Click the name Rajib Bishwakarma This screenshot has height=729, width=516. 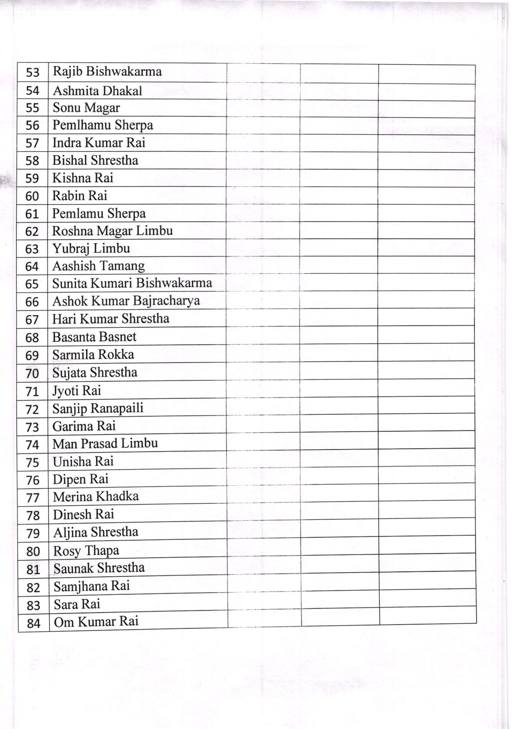(107, 72)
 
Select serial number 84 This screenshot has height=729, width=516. (33, 623)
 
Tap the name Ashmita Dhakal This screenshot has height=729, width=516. (97, 91)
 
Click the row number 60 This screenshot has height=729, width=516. (32, 196)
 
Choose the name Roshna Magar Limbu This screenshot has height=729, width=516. (112, 231)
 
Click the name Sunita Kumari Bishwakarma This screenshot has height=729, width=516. (132, 283)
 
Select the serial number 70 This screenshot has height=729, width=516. (32, 373)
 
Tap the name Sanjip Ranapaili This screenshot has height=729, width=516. (98, 408)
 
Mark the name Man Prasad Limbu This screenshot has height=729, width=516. (105, 443)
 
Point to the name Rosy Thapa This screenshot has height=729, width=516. (86, 551)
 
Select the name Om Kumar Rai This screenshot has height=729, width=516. (96, 622)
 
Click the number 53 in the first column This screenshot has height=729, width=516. (32, 73)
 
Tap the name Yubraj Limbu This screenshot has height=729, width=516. (91, 249)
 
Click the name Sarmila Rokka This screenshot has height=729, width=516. (93, 355)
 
